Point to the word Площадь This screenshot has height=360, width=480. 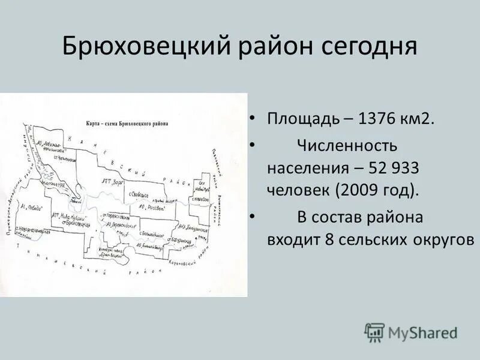click(302, 118)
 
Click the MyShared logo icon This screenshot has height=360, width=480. click(374, 332)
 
